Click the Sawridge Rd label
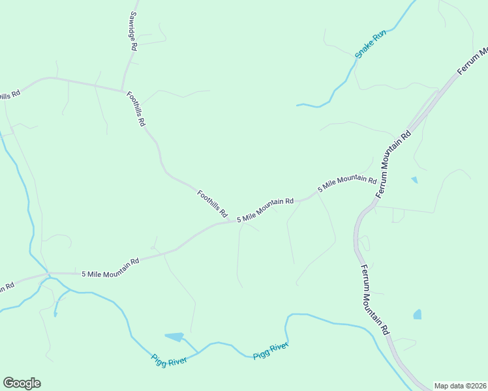point(132,31)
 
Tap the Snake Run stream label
point(371,44)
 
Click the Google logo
point(22,383)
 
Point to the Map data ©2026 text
point(460,386)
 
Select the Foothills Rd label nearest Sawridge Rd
point(136,108)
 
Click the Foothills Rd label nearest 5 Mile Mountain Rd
point(213,203)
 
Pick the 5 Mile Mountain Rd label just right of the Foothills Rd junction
point(265,210)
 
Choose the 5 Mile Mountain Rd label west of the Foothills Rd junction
point(110,267)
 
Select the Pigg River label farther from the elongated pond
point(271,350)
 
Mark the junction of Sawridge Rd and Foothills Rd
point(122,90)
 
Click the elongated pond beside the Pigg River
point(174,337)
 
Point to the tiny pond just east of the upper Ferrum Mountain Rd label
point(414,180)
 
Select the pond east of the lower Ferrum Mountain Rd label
point(418,315)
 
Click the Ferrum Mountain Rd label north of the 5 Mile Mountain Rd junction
point(395,164)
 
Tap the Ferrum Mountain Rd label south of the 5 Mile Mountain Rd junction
point(374,300)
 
